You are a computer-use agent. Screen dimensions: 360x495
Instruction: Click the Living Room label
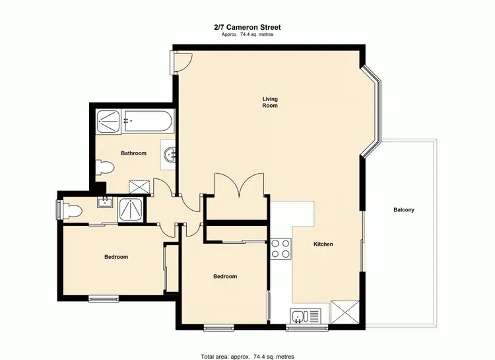click(x=269, y=102)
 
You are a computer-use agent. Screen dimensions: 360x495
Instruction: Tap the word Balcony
click(x=403, y=210)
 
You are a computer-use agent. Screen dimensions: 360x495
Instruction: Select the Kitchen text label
click(x=323, y=244)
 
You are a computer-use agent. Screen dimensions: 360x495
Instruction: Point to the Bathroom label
click(x=133, y=153)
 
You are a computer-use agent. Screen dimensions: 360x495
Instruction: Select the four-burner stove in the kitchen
click(x=280, y=248)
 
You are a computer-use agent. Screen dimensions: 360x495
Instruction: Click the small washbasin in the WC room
click(x=104, y=203)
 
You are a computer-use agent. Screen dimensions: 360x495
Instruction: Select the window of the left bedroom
click(x=104, y=298)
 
